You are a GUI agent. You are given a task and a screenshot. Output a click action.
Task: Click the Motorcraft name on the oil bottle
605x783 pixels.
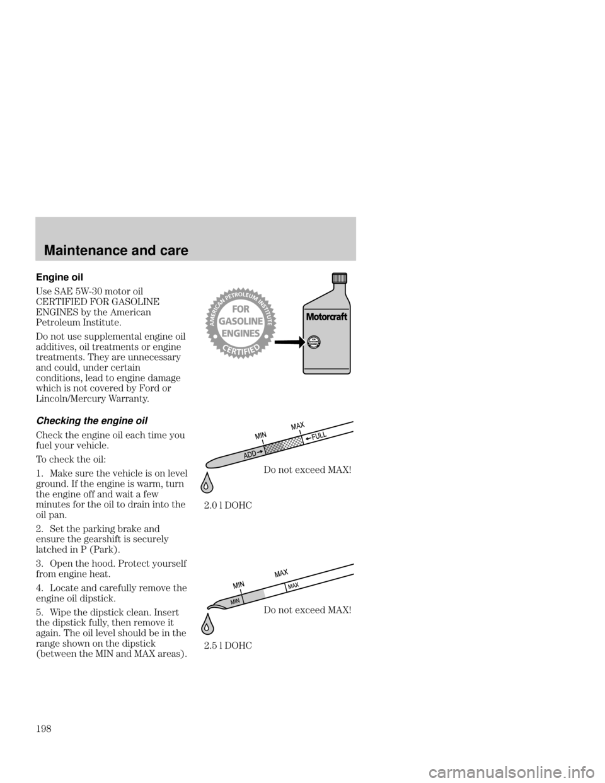[327, 316]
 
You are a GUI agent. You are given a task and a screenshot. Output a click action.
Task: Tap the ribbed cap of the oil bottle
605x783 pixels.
[340, 278]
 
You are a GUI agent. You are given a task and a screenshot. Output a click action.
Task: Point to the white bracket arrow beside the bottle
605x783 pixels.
[299, 342]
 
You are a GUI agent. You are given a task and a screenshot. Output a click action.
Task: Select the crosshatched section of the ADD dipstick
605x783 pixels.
[275, 448]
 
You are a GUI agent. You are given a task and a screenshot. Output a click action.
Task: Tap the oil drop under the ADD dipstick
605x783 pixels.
[206, 485]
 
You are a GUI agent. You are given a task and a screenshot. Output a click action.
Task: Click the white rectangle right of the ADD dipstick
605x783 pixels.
[357, 426]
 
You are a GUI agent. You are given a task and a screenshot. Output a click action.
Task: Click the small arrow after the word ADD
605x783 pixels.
[260, 451]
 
